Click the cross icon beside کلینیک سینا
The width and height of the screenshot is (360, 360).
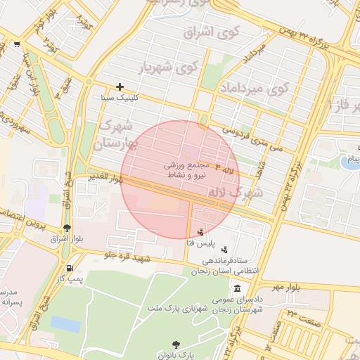[120, 86]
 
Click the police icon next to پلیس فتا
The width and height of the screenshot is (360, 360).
[202, 231]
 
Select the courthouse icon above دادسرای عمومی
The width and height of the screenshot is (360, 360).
[238, 289]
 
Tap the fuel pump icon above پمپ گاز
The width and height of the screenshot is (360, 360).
[69, 268]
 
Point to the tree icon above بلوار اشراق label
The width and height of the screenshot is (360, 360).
[67, 228]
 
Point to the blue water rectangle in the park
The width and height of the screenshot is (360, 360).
[65, 323]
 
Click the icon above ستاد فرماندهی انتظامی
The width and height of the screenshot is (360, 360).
[224, 249]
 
